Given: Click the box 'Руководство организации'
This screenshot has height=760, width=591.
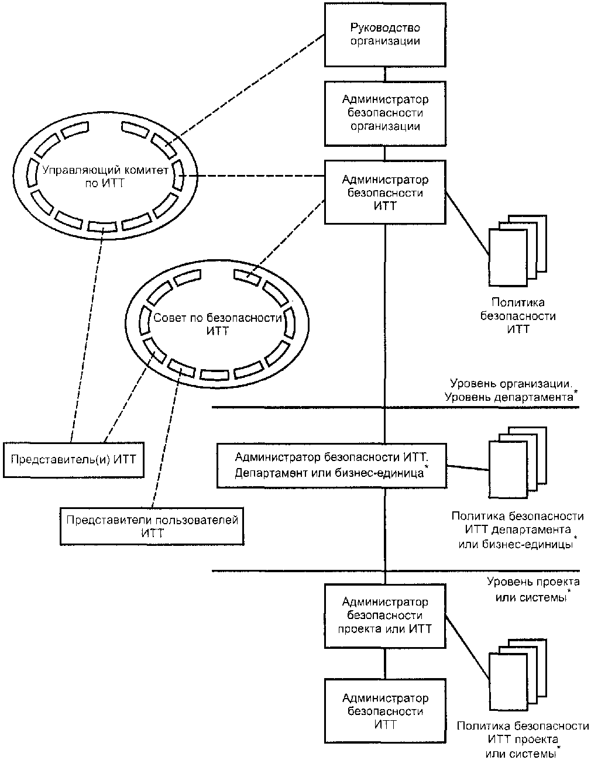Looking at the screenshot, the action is point(385,35).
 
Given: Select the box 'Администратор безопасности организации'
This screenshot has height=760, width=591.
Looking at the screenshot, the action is point(385,114).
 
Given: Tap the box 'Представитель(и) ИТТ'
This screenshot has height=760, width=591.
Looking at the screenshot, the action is point(74,459).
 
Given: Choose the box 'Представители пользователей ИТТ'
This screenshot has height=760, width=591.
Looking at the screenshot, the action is point(152,527).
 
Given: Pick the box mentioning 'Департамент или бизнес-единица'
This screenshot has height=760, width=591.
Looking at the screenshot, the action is point(332,466).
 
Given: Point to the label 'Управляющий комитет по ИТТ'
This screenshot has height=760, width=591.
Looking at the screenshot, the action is point(105,177).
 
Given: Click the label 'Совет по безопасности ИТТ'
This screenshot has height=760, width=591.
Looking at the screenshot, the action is point(218,324).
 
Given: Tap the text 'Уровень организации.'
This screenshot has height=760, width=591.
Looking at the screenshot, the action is point(511,384).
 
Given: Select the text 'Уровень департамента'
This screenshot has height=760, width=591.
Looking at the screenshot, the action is point(509,397).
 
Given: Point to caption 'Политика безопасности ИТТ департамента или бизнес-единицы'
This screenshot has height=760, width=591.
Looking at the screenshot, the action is point(517,530).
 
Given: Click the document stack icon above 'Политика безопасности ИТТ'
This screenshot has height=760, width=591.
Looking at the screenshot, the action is point(517,251).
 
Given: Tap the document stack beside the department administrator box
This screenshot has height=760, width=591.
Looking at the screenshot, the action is point(517,462).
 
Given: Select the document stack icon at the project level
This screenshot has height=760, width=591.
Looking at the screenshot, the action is point(517,675).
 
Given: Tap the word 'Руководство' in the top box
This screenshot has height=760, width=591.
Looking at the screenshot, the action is point(385,27).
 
